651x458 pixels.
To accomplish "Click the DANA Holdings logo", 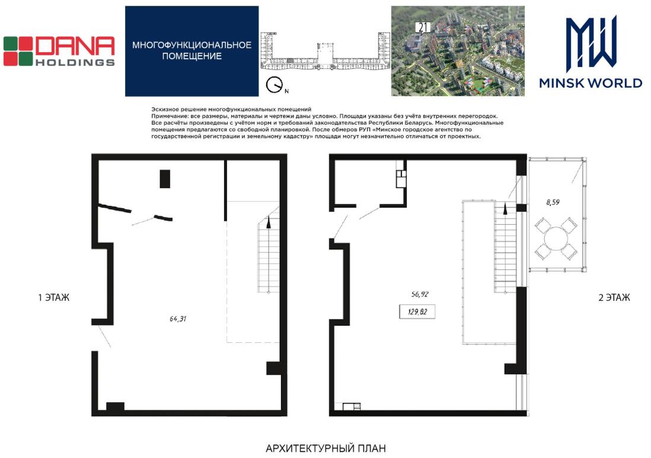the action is pos(59,51).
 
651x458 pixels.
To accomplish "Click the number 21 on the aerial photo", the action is pos(423,27).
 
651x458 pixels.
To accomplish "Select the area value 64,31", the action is pos(178,319).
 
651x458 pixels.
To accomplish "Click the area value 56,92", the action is pos(419,294).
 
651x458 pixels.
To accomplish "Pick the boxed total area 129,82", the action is pos(417,311).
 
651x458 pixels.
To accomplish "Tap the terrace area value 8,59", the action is pos(553,202).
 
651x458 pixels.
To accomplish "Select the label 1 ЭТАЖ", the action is pos(53,298).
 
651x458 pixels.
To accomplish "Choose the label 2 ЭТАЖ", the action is pos(614,298).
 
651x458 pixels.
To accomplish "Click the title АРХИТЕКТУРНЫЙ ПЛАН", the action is pos(325,449).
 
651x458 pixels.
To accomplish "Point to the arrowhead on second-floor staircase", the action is pos(505,209).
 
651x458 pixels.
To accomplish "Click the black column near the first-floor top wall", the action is pos(165,179).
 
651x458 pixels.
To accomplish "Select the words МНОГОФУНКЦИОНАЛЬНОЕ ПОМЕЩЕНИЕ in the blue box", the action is pos(192,50).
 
